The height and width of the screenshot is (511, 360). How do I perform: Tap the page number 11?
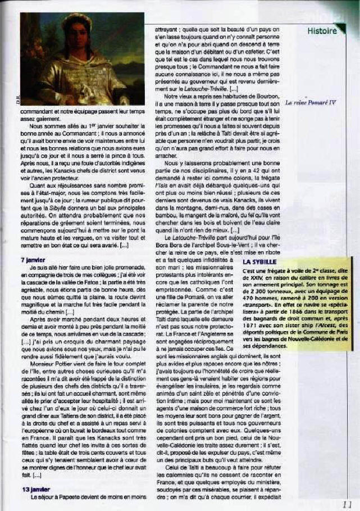click(347, 504)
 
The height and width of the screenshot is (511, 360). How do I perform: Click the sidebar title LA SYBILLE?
click(259, 262)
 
